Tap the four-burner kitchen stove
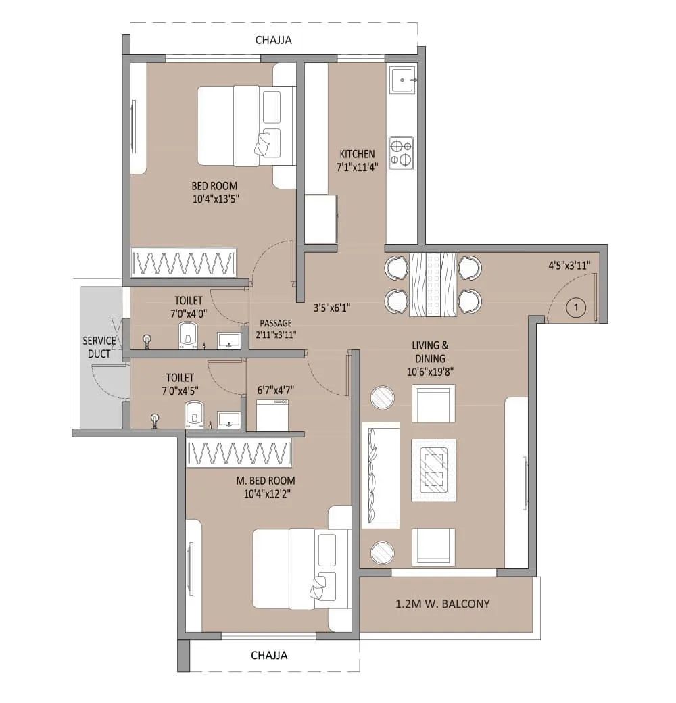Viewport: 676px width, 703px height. tap(401, 152)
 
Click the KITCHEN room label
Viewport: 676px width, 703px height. tap(357, 154)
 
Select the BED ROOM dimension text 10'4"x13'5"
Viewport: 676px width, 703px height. tap(214, 199)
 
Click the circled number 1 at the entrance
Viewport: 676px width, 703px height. tap(575, 308)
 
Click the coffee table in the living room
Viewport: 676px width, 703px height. tap(433, 470)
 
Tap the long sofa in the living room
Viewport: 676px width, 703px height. tap(380, 475)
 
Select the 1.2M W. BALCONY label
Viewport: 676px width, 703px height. tap(443, 604)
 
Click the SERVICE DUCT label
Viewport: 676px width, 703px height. tap(99, 347)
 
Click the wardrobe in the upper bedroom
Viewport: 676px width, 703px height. tap(184, 262)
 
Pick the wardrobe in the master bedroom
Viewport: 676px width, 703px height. tap(239, 453)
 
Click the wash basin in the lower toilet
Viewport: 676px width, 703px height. tap(230, 419)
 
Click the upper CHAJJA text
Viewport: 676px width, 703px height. tap(273, 40)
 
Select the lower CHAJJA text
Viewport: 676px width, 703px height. tap(269, 655)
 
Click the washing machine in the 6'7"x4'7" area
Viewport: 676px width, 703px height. tap(273, 414)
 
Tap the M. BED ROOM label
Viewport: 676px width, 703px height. tap(270, 481)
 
